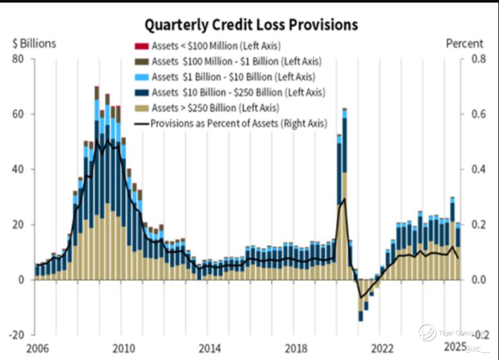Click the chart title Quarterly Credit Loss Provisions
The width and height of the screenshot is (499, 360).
(250, 25)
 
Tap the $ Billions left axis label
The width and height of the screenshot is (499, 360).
(34, 44)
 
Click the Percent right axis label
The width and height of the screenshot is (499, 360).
(464, 44)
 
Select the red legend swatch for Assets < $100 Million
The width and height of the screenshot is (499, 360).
(139, 46)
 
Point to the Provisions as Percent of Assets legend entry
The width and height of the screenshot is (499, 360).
(238, 123)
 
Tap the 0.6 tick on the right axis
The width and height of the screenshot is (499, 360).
(478, 114)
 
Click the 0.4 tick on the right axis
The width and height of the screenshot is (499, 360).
(478, 170)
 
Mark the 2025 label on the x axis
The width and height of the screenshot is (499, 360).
(455, 349)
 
